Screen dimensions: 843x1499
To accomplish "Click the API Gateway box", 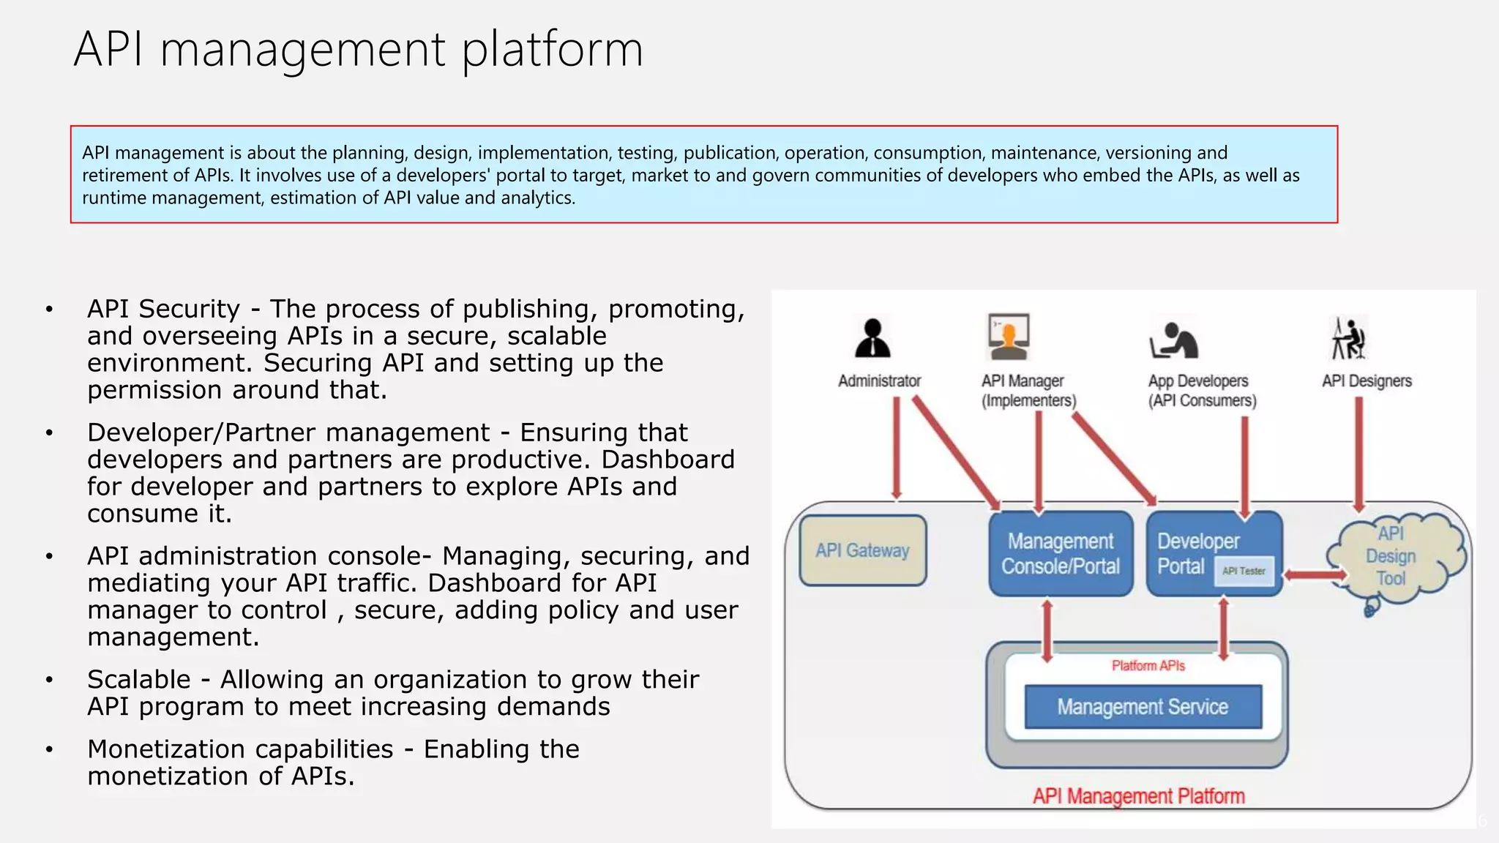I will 862,550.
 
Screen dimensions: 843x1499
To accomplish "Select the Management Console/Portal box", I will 1060,553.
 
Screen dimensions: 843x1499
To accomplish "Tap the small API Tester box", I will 1244,571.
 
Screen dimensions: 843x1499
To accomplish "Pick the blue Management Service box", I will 1143,706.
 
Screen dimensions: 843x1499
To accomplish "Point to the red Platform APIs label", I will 1148,665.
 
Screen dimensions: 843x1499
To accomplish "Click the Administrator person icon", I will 872,338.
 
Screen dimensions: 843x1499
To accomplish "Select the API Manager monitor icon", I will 1009,337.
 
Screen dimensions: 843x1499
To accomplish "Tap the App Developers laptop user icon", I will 1173,340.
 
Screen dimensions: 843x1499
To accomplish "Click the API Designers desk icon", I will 1347,338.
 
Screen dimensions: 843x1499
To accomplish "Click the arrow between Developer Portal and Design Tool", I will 1315,575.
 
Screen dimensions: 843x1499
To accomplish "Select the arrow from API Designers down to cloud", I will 1358,454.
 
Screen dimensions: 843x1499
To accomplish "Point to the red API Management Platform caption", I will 1138,795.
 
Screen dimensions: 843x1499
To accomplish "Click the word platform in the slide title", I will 553,50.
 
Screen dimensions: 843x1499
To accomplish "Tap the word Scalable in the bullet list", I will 138,680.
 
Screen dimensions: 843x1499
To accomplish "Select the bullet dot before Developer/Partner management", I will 49,433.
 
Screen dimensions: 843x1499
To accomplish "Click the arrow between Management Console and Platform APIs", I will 1047,630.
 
